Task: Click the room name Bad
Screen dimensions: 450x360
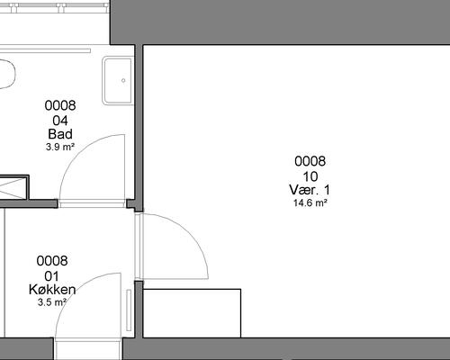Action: (x=60, y=134)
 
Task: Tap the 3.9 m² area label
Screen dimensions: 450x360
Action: (x=60, y=147)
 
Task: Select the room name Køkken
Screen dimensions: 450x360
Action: (x=52, y=290)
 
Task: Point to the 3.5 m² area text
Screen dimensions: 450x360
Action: (x=51, y=302)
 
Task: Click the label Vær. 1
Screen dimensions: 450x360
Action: (x=310, y=190)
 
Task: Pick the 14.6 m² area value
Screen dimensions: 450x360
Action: (x=310, y=202)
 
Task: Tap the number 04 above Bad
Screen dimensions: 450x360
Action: (x=60, y=121)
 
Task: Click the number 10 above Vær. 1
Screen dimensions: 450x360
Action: (x=310, y=176)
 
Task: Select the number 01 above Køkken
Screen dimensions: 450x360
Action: (x=51, y=276)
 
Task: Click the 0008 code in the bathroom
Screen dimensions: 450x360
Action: (x=60, y=105)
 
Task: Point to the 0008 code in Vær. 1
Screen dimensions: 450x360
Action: (x=310, y=161)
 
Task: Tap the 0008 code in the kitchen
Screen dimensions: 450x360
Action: (x=52, y=261)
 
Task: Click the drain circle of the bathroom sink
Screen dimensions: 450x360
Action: (x=123, y=80)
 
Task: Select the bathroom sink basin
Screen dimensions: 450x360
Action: (x=118, y=81)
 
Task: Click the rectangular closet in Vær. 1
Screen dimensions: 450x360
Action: (x=192, y=313)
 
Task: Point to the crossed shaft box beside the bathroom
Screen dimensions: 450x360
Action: (x=13, y=187)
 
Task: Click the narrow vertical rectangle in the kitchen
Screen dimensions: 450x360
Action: (x=129, y=310)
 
